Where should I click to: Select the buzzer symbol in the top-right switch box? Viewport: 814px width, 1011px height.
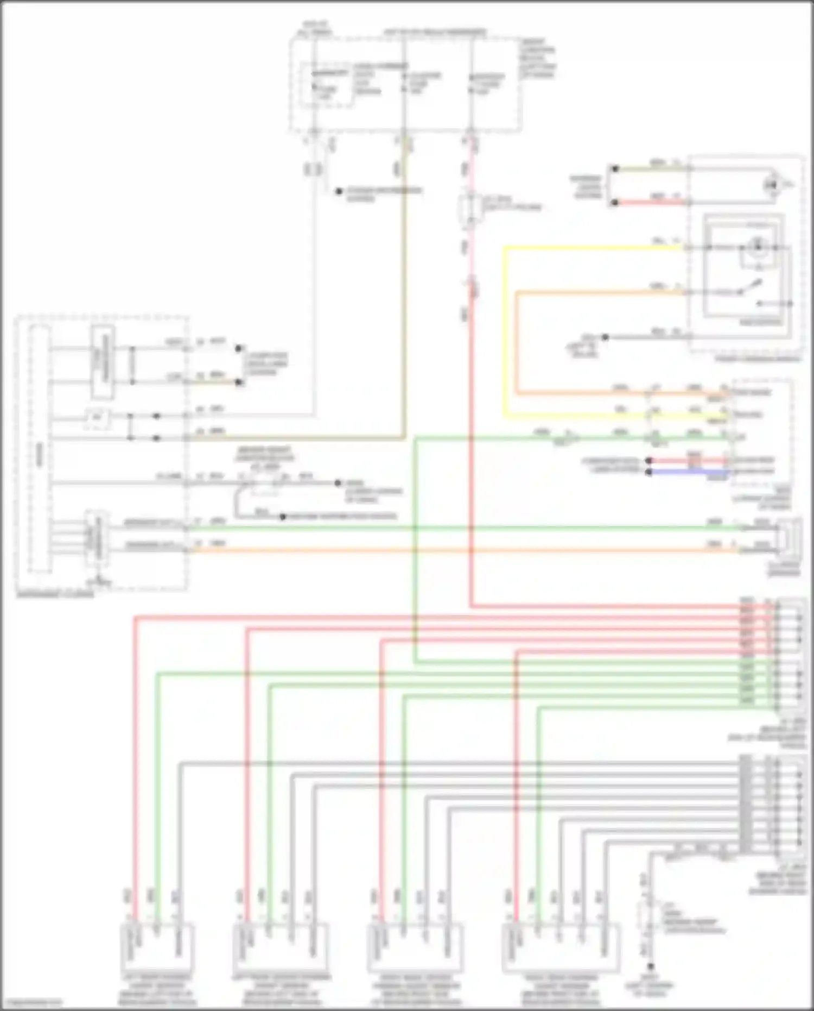(x=771, y=185)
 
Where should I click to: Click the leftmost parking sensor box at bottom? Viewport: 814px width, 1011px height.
(x=156, y=948)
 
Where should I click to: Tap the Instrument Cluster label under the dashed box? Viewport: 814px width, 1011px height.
(x=54, y=594)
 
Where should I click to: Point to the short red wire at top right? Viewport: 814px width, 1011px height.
(x=651, y=203)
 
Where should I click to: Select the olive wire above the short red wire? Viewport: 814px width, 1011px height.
(x=651, y=169)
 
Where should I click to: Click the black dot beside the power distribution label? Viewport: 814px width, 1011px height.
(x=339, y=191)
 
